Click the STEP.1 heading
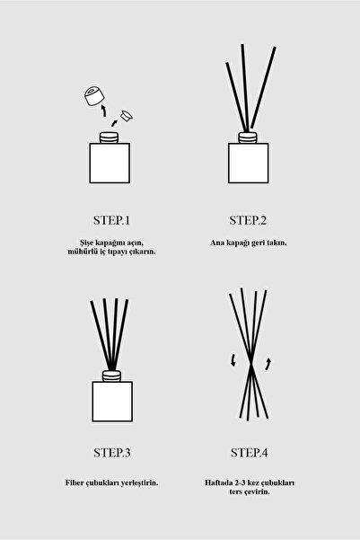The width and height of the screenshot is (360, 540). point(111,220)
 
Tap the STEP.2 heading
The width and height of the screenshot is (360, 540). point(248,220)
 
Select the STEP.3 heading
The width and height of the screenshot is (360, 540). point(112,453)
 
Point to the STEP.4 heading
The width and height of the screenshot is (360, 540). point(250,453)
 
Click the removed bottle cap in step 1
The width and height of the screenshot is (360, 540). point(94,96)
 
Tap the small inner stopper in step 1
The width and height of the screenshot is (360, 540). point(127,116)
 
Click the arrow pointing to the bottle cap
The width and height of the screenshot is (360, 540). point(103,111)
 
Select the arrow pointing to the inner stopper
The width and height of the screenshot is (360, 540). point(114,123)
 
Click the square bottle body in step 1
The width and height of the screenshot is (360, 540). point(110,163)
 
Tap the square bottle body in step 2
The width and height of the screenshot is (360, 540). point(248,163)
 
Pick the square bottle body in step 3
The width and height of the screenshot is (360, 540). point(112,402)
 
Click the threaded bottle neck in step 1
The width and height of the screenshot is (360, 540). point(110,137)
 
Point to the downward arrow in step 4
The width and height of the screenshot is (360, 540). point(233,359)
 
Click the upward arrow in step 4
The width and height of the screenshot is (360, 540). point(268,364)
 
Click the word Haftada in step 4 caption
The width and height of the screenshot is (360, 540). point(218,482)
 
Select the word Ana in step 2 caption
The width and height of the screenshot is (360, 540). point(217,243)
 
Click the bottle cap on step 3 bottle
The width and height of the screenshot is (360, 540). point(112,376)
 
